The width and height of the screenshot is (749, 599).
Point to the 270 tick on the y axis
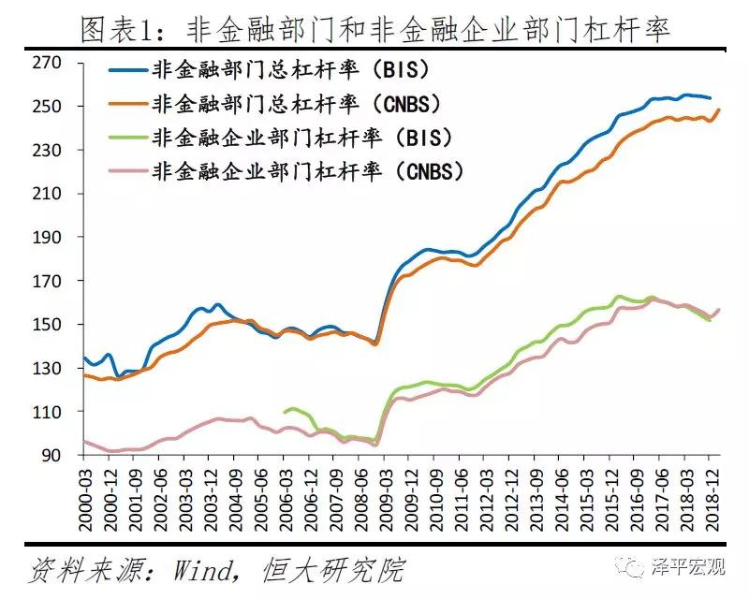(x=46, y=63)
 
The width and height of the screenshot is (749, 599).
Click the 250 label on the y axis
(x=46, y=107)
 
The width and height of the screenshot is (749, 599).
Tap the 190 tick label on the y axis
(x=46, y=238)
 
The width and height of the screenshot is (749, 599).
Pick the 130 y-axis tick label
(x=46, y=369)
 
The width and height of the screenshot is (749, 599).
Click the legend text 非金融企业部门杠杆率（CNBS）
(x=308, y=170)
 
